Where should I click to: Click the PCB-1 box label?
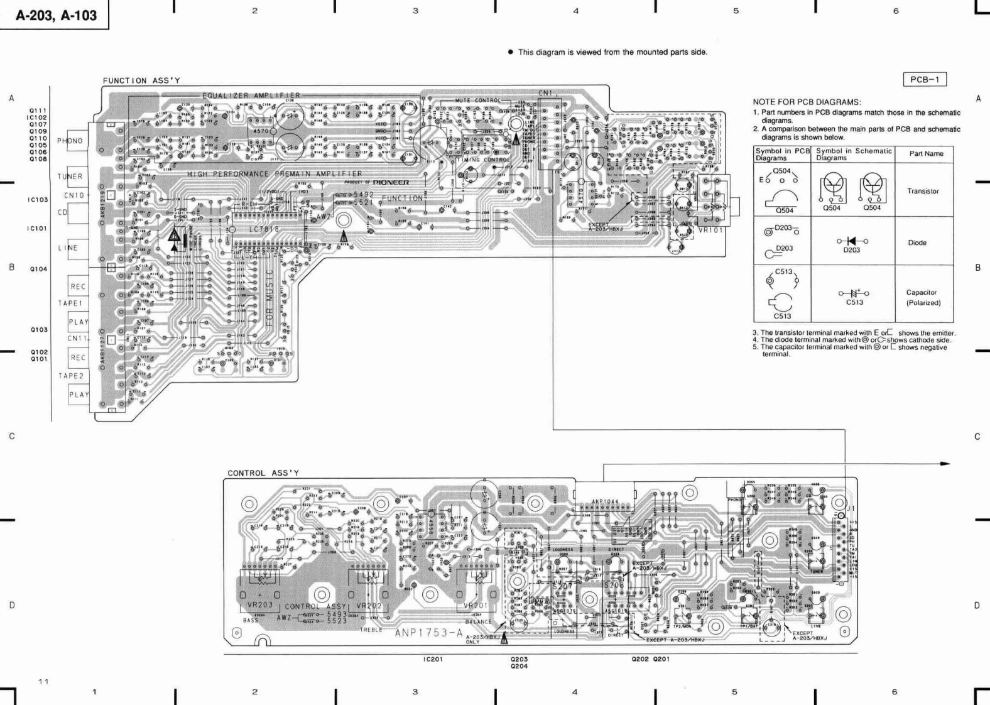[924, 80]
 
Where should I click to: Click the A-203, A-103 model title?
[56, 15]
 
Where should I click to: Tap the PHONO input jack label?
[70, 141]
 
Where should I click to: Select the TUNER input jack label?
[70, 177]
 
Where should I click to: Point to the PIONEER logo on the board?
[391, 182]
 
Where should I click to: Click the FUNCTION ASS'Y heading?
[141, 80]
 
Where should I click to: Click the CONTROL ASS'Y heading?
[263, 473]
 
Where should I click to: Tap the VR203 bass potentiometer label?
[260, 605]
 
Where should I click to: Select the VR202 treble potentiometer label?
[369, 606]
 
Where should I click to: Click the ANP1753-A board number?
[428, 633]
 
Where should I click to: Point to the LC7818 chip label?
[263, 229]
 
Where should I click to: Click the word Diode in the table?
[917, 243]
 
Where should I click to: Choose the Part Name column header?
[926, 153]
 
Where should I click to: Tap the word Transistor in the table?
[922, 191]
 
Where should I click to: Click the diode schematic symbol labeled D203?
[852, 241]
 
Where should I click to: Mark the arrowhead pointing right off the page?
[945, 464]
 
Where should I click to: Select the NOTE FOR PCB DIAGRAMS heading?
[807, 102]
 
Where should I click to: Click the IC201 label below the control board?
[433, 660]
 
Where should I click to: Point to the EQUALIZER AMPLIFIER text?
[251, 96]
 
